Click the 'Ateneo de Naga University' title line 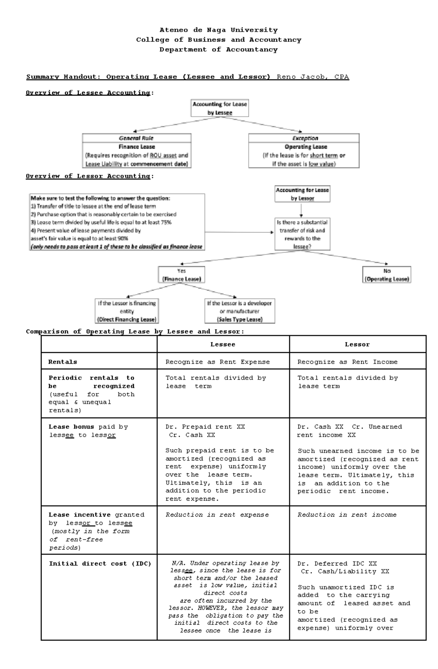(218, 30)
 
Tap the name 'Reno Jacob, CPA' (313, 77)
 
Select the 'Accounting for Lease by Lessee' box (219, 108)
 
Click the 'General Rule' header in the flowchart (136, 138)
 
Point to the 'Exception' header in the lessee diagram (305, 138)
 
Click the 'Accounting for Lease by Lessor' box (302, 194)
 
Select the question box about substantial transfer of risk (302, 234)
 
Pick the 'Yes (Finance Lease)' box (181, 275)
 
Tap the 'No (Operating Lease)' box (387, 275)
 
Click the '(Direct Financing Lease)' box (126, 311)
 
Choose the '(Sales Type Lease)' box (239, 311)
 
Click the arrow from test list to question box (239, 232)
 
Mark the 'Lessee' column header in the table (223, 345)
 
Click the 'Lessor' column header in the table (357, 345)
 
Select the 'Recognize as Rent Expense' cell (218, 362)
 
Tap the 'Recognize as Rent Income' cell (347, 362)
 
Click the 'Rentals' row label (63, 362)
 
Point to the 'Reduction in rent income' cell (347, 515)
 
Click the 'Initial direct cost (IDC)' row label (100, 564)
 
